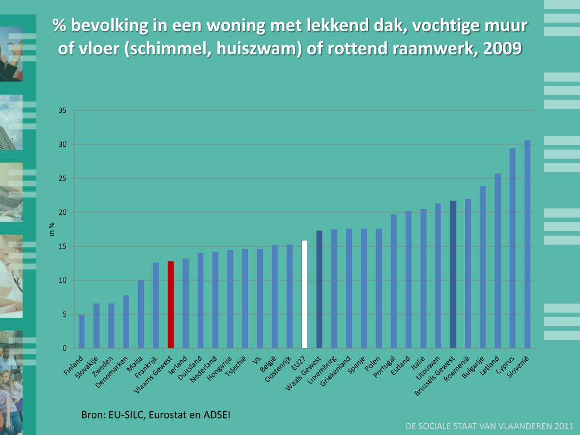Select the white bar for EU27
tap(304, 295)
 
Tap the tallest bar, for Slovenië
tap(527, 244)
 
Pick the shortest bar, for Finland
tap(82, 331)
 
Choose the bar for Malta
tap(141, 314)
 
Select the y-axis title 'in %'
tap(51, 229)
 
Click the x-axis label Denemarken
tap(112, 371)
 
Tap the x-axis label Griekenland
tap(336, 372)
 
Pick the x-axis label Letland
tap(489, 366)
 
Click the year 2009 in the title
tap(501, 49)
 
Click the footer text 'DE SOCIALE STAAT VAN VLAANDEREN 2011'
tap(490, 426)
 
